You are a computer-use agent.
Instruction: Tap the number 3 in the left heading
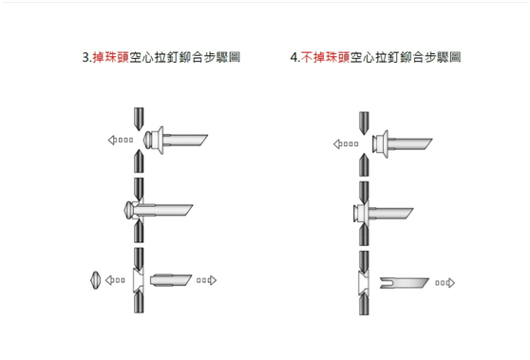pyautogui.click(x=85, y=57)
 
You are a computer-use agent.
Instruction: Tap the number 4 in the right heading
pyautogui.click(x=293, y=57)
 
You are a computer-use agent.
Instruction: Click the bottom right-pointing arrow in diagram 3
pyautogui.click(x=206, y=280)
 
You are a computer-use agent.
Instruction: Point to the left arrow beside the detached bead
pyautogui.click(x=115, y=280)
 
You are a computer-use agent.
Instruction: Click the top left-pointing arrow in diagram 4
pyautogui.click(x=345, y=144)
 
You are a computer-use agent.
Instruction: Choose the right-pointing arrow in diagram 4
pyautogui.click(x=445, y=282)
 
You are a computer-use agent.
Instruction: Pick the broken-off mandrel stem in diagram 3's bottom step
pyautogui.click(x=171, y=279)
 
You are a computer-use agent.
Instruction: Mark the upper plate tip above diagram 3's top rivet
pyautogui.click(x=138, y=116)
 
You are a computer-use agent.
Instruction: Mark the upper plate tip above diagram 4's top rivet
pyautogui.click(x=362, y=119)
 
